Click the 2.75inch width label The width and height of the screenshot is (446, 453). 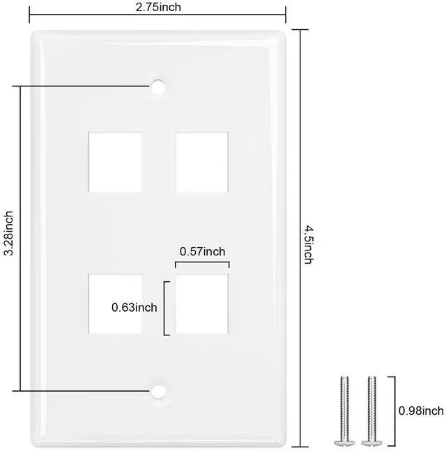(158, 7)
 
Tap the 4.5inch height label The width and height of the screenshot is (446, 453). (308, 245)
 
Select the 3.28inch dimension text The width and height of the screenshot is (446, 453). (8, 233)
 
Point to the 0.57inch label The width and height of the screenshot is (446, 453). (202, 251)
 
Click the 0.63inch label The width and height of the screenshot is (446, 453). (134, 308)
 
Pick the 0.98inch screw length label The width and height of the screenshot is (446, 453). (421, 411)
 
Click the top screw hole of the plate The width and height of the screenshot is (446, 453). (158, 86)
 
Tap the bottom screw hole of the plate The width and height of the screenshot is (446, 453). (158, 392)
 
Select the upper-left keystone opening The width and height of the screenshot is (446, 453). (115, 162)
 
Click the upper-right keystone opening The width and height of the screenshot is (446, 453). (202, 162)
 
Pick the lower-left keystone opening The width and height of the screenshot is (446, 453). (115, 304)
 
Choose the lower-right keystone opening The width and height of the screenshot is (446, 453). (202, 304)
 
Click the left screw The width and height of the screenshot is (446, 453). (344, 411)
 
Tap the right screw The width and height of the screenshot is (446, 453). (371, 411)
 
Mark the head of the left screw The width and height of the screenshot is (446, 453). (344, 443)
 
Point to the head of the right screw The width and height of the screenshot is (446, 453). (371, 443)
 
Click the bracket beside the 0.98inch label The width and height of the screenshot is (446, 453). (394, 411)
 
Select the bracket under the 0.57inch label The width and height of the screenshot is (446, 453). (202, 262)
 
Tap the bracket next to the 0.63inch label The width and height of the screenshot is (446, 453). (164, 308)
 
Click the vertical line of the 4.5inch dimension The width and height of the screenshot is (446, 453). (300, 238)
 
